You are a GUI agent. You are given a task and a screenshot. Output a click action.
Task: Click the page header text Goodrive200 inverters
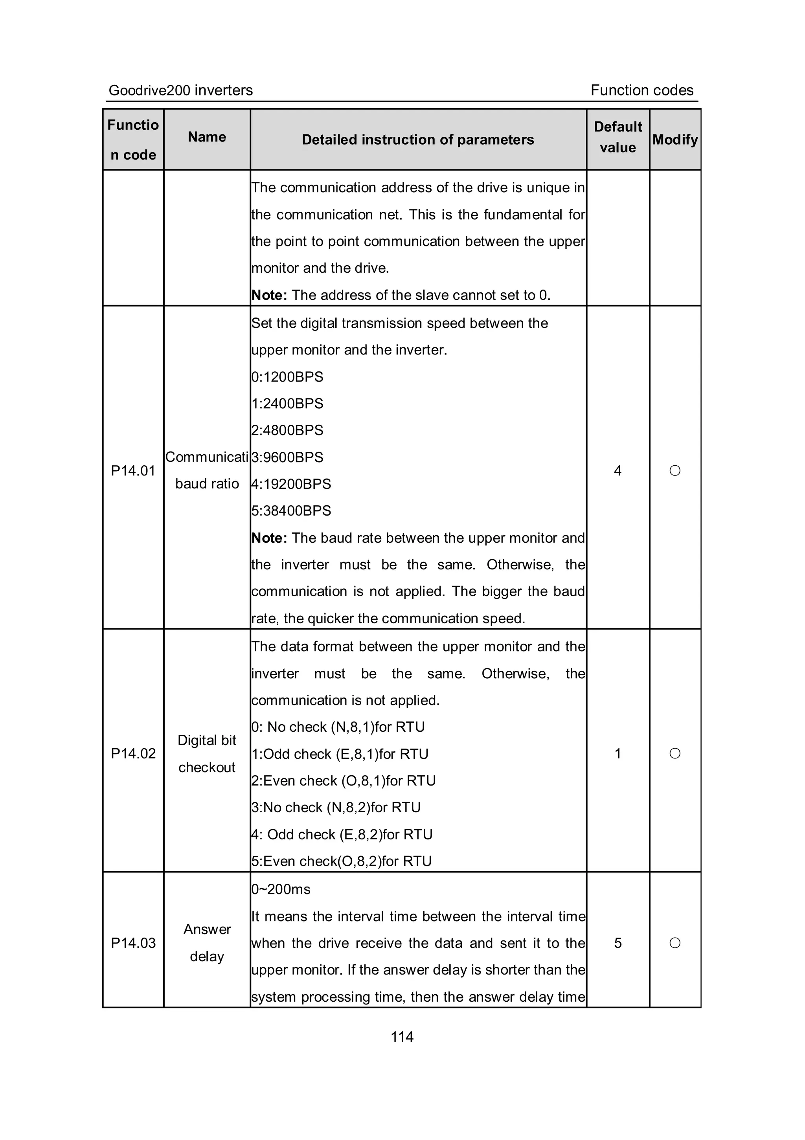coord(180,90)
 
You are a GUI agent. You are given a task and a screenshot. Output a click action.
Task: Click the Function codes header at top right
coord(641,90)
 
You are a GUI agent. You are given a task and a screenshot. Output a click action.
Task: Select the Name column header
coord(207,137)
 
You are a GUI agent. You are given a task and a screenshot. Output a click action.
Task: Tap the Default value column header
coord(618,137)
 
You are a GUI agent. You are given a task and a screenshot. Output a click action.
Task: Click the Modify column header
coord(675,140)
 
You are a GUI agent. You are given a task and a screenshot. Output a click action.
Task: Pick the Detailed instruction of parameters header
coord(418,140)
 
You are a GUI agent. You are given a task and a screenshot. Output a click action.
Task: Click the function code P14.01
coord(133,471)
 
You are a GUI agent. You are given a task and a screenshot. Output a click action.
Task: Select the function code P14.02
coord(133,754)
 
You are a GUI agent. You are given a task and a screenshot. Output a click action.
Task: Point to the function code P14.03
coord(133,943)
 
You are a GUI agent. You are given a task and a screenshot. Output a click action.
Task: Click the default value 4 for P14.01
coord(618,471)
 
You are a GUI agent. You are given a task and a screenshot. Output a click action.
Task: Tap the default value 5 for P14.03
coord(618,943)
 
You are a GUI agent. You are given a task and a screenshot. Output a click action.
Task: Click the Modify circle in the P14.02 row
coord(675,754)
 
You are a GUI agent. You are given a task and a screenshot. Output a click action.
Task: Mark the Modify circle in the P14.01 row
coord(675,471)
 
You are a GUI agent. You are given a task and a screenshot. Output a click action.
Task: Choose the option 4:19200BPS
coord(291,484)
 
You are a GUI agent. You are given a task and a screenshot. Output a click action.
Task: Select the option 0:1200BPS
coord(287,377)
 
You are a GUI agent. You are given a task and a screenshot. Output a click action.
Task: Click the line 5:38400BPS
coord(291,511)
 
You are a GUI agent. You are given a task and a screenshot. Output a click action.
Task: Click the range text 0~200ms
coord(281,889)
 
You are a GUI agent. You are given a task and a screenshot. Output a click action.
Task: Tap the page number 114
coord(402,1037)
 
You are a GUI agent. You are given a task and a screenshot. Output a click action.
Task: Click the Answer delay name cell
coord(207,943)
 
